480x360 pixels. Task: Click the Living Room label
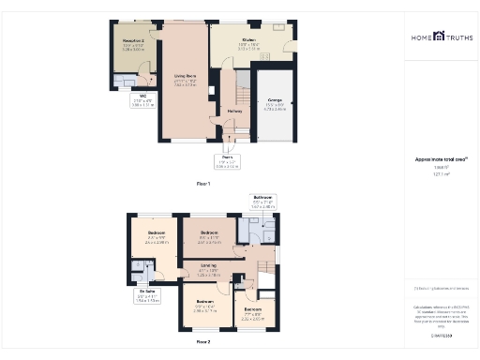(184, 79)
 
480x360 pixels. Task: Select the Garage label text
(275, 101)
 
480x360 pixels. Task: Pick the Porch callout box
(226, 162)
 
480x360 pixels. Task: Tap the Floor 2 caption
(203, 342)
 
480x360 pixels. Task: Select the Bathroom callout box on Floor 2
(262, 202)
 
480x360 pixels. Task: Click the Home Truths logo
(440, 38)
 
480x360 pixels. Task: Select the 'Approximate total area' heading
(440, 159)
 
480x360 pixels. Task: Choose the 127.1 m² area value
(440, 174)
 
